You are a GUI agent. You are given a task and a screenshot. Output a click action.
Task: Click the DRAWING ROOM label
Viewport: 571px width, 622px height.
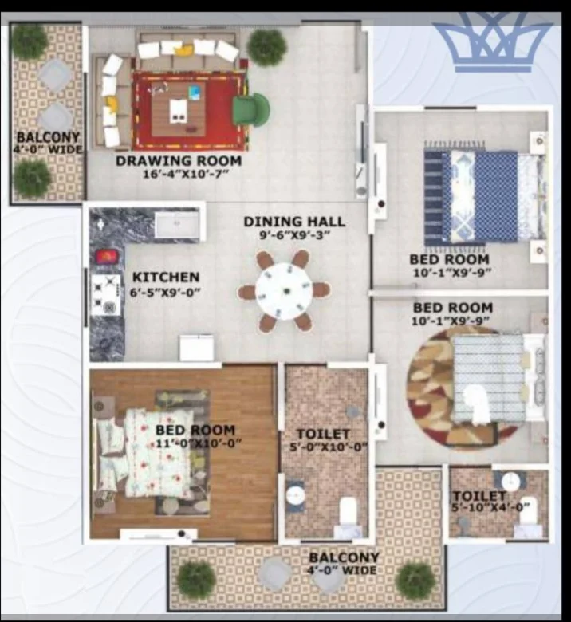click(x=179, y=161)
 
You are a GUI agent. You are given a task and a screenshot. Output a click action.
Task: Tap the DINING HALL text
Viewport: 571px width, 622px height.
click(x=294, y=222)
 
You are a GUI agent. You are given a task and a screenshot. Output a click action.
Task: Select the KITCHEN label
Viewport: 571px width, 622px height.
click(x=166, y=277)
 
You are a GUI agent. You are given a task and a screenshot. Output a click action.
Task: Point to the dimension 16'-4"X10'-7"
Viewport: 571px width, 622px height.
click(x=186, y=174)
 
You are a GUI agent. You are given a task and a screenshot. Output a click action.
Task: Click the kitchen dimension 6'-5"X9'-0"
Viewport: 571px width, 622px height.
click(x=165, y=293)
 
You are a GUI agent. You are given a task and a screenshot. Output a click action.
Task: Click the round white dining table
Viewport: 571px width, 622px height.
click(x=284, y=291)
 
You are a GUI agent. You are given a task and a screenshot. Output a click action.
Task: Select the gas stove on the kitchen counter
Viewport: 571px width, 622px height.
click(x=106, y=294)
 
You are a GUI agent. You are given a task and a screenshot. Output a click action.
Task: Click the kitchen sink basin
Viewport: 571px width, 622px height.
click(x=177, y=225)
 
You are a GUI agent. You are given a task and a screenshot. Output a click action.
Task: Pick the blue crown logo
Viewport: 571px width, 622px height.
click(x=493, y=43)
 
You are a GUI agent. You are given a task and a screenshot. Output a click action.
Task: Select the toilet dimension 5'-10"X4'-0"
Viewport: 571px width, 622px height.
click(x=490, y=507)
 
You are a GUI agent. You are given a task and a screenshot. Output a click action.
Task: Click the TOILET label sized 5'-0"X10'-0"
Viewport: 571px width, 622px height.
click(x=324, y=435)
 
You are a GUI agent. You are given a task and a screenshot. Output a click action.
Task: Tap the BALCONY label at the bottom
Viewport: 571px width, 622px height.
click(x=344, y=557)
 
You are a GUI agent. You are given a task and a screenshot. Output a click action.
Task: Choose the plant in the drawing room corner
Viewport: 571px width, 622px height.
click(x=267, y=47)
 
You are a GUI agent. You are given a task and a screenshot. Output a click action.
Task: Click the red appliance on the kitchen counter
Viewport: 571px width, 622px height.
click(x=107, y=256)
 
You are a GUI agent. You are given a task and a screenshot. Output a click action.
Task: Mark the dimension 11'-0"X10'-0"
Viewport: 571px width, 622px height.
click(x=197, y=443)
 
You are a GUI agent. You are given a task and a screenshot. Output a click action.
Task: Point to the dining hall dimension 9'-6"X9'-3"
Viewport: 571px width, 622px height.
click(x=294, y=235)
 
